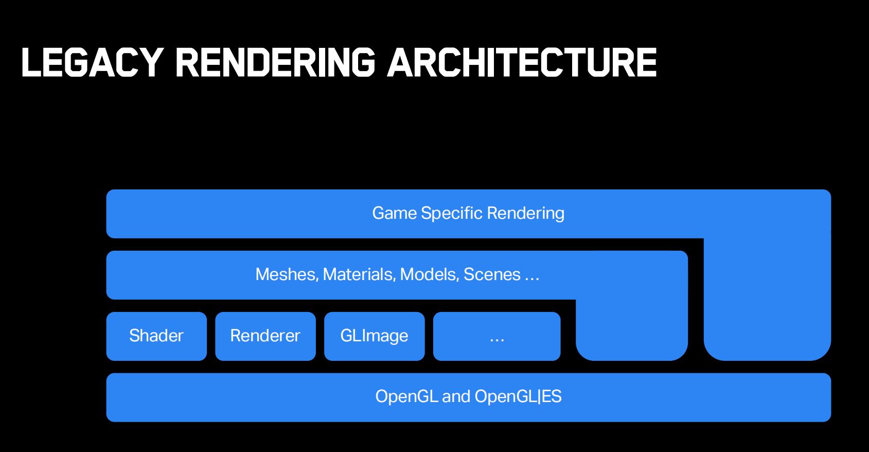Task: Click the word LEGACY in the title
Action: [x=92, y=62]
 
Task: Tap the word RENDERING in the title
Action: [x=275, y=62]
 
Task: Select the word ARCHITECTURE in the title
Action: [x=522, y=62]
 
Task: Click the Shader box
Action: [x=156, y=336]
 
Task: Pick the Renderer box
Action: [x=265, y=336]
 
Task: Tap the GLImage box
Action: [x=375, y=336]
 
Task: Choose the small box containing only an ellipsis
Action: [x=496, y=336]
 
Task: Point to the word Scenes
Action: [x=492, y=274]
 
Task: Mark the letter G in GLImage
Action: [x=347, y=336]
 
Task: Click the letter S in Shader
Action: [x=134, y=336]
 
